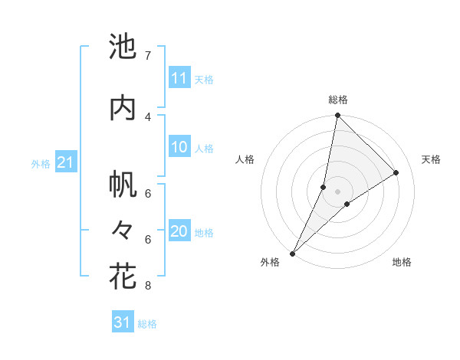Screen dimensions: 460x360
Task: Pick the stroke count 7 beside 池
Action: [147, 56]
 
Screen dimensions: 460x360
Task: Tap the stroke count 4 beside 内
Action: [147, 116]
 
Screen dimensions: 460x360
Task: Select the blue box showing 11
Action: [179, 78]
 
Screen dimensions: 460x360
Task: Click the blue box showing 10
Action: [179, 148]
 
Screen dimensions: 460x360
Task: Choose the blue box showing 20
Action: [179, 232]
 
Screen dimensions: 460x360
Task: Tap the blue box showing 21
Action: [65, 162]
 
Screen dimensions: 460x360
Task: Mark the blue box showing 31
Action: [123, 322]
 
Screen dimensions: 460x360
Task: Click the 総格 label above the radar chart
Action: [337, 100]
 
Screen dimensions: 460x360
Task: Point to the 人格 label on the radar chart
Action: [245, 159]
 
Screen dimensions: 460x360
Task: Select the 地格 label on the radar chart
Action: [402, 262]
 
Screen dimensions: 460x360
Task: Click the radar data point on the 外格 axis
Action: [293, 253]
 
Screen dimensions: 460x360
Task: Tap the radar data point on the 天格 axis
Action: [396, 172]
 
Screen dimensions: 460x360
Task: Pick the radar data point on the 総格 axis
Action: [337, 115]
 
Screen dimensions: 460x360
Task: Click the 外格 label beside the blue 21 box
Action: [41, 163]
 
